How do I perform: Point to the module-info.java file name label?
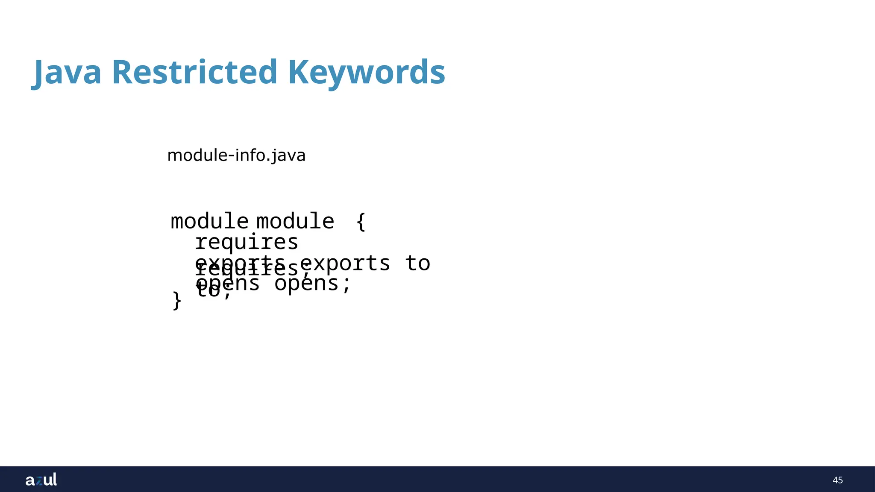click(x=236, y=155)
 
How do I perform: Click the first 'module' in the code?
click(x=209, y=221)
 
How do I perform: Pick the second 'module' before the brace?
click(x=295, y=221)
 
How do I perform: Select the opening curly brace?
click(x=361, y=221)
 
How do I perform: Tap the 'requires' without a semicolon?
click(x=247, y=242)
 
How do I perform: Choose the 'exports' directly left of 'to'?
click(x=345, y=263)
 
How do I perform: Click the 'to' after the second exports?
click(x=418, y=263)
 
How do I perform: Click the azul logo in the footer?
click(x=41, y=480)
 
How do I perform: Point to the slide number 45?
click(x=837, y=480)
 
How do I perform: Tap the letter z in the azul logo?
click(x=39, y=481)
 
